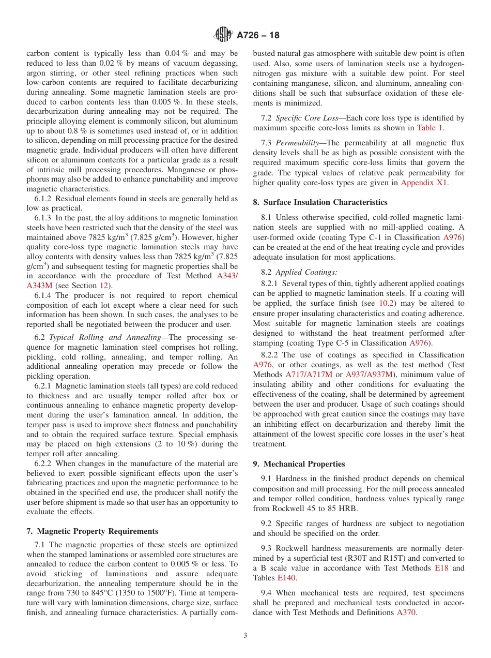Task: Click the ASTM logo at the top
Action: point(223,35)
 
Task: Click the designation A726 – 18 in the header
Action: point(258,36)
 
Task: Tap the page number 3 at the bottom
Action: point(245,636)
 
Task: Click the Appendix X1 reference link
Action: point(425,183)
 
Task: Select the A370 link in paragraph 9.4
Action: point(406,612)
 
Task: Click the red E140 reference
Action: point(287,578)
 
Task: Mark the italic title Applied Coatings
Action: point(300,272)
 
